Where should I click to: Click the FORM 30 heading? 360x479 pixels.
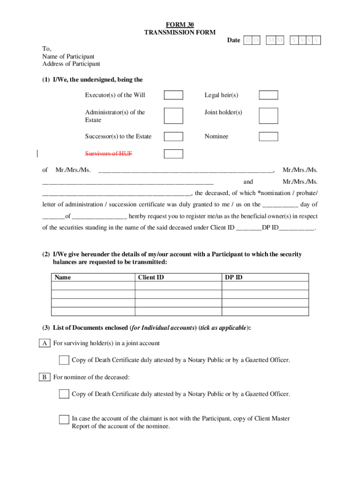pyautogui.click(x=180, y=25)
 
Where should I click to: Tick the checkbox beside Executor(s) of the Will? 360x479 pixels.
pyautogui.click(x=173, y=95)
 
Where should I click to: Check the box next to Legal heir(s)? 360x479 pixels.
pyautogui.click(x=268, y=95)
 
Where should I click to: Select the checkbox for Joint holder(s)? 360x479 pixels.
pyautogui.click(x=268, y=116)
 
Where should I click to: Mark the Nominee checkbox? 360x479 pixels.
pyautogui.click(x=268, y=137)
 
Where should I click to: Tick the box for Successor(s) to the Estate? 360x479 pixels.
pyautogui.click(x=173, y=137)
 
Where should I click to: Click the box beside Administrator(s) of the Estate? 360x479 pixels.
pyautogui.click(x=173, y=116)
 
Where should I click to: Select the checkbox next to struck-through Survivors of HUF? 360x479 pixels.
pyautogui.click(x=173, y=154)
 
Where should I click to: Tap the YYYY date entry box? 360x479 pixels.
pyautogui.click(x=305, y=41)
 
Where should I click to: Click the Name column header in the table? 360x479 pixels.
pyautogui.click(x=63, y=277)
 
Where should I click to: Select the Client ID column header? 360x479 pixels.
pyautogui.click(x=151, y=277)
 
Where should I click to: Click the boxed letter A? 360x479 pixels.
pyautogui.click(x=45, y=343)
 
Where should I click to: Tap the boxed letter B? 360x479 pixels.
pyautogui.click(x=45, y=377)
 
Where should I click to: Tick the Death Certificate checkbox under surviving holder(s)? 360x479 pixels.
pyautogui.click(x=64, y=360)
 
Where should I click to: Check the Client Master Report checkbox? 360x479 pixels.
pyautogui.click(x=64, y=419)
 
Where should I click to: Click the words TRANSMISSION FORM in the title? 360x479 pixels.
pyautogui.click(x=180, y=32)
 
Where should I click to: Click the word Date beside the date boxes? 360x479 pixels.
pyautogui.click(x=234, y=40)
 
